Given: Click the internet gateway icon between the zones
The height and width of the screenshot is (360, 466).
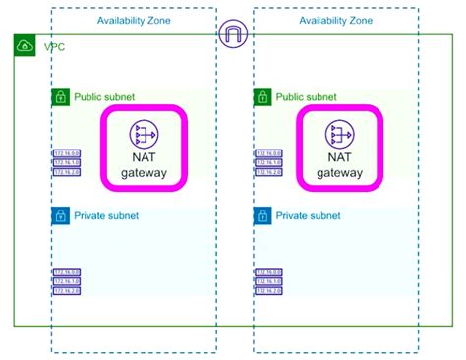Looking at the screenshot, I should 234,34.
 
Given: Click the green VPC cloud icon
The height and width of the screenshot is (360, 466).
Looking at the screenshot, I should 25,46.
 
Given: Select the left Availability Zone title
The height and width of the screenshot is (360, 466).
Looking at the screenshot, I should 134,20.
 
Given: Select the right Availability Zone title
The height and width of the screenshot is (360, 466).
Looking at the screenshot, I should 335,20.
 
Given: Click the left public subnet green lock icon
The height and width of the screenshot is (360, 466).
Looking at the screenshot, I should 60,97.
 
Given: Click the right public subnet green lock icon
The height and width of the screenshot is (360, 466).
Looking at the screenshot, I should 262,97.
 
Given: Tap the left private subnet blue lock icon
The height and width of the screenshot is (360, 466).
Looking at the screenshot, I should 60,215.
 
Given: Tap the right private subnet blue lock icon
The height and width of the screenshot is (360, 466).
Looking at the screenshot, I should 262,215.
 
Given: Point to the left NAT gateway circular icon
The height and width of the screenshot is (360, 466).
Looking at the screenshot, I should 145,134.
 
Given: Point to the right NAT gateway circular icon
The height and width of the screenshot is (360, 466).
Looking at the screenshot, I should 339,134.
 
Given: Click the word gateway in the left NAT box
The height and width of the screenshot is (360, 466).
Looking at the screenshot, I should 145,173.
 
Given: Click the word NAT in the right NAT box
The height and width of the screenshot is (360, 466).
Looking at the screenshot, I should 339,156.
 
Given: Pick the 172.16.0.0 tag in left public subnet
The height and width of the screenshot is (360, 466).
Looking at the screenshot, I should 67,153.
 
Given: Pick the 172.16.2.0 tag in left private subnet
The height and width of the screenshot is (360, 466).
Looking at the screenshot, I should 67,290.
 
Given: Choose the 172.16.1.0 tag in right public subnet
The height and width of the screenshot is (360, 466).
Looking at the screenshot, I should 268,162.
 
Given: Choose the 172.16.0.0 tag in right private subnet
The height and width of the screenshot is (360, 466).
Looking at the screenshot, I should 268,271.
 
